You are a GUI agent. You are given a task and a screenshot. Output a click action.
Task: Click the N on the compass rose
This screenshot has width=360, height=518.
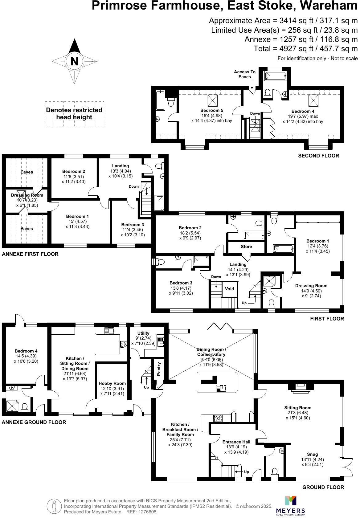coord(74,61)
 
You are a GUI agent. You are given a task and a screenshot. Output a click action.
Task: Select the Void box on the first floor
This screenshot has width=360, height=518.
coord(229,289)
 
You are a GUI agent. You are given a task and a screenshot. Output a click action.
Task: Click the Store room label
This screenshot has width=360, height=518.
coord(246,247)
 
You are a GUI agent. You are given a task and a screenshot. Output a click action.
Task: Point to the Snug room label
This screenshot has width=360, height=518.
coord(312,454)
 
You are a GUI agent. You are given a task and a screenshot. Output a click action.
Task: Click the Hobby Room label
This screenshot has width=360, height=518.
coord(112,383)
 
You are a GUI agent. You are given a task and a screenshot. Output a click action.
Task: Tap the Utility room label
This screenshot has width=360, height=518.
coord(143,333)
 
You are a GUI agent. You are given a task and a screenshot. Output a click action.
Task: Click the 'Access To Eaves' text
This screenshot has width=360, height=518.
coord(245,74)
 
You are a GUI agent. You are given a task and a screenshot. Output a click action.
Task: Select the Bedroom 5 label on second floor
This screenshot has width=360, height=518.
coord(211,110)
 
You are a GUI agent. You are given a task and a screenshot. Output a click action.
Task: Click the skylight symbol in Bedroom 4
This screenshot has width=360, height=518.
coord(313,100)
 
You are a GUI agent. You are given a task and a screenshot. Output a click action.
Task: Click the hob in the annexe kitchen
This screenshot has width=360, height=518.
coord(124,344)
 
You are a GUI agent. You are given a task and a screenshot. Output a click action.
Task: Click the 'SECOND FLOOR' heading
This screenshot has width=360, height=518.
coord(318,156)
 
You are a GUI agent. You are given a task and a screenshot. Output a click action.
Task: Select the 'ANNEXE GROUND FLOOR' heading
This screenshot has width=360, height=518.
coord(34,422)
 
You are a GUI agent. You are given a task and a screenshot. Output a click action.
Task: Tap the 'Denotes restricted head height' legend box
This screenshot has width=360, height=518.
coord(74,114)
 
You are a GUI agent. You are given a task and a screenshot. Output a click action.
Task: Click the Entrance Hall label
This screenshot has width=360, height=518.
coord(236,442)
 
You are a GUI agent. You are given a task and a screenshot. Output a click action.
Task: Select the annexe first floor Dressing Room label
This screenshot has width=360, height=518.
coord(27,195)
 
